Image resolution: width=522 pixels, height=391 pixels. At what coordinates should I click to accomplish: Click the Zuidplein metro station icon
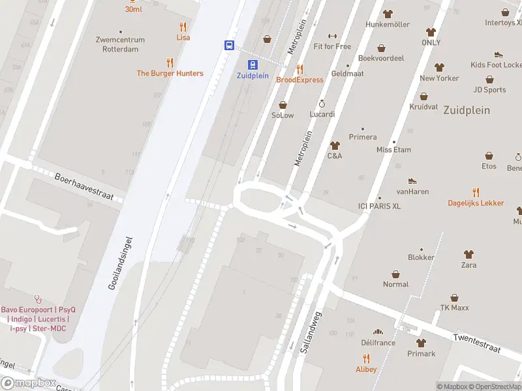[x=252, y=64]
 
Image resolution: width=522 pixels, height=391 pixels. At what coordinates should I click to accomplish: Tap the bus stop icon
[x=230, y=46]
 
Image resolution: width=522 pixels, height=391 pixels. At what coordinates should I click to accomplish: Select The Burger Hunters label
[x=170, y=74]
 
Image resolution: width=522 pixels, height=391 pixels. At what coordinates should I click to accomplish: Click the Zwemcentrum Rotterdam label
[x=120, y=44]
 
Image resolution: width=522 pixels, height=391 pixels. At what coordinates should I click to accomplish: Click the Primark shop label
[x=421, y=354]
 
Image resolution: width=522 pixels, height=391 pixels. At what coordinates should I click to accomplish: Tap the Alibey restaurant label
[x=365, y=369]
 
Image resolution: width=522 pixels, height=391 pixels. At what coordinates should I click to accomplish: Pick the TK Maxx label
[x=455, y=308]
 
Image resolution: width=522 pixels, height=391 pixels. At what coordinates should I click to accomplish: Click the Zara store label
[x=468, y=265]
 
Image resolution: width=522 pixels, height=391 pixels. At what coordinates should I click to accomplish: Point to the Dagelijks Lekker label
[x=476, y=203]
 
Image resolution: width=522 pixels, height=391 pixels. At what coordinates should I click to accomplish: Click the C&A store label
[x=335, y=156]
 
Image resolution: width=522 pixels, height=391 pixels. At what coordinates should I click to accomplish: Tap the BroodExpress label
[x=299, y=80]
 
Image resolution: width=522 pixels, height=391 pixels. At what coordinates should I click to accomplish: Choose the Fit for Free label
[x=332, y=46]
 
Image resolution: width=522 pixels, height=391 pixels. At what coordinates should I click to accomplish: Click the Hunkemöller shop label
[x=388, y=24]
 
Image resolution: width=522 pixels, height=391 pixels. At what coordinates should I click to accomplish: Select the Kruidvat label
[x=423, y=106]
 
